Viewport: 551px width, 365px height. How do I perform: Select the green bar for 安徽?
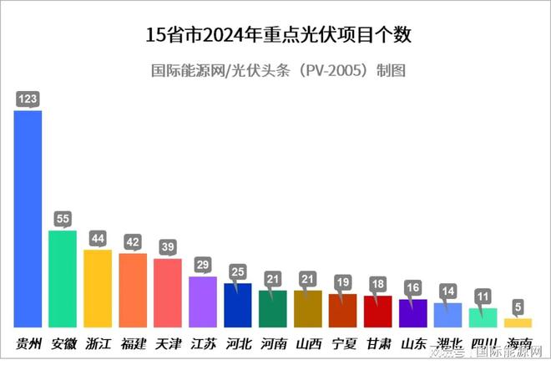click(63, 279)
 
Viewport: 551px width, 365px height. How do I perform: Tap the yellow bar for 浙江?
click(98, 288)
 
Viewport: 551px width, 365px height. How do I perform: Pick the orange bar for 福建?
click(133, 290)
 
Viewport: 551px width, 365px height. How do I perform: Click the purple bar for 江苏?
click(203, 302)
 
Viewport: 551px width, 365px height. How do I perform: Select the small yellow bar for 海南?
click(518, 322)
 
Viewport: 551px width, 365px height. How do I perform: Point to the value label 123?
click(28, 99)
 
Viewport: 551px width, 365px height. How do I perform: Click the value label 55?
click(63, 219)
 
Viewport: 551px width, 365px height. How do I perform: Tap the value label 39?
click(168, 247)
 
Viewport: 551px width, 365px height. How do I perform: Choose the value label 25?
click(238, 272)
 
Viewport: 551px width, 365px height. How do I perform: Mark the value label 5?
click(518, 307)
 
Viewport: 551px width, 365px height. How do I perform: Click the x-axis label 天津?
click(168, 343)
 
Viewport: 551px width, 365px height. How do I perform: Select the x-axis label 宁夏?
click(343, 343)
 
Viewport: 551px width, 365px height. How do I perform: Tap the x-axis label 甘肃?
click(378, 343)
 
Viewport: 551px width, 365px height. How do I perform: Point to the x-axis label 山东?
click(413, 343)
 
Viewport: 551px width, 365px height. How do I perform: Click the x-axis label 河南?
click(273, 343)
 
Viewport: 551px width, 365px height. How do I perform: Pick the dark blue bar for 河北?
click(238, 305)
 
